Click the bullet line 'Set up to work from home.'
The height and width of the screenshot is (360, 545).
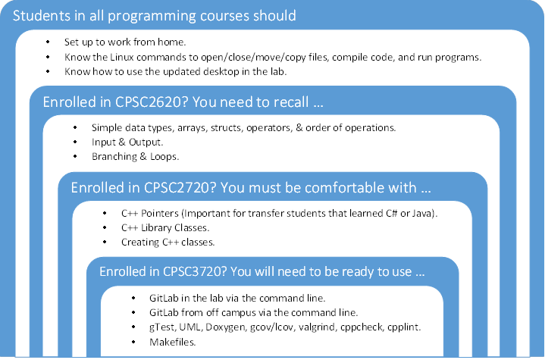pyautogui.click(x=125, y=42)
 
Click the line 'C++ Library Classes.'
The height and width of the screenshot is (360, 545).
pyautogui.click(x=164, y=228)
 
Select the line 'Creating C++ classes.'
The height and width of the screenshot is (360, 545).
pyautogui.click(x=168, y=243)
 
